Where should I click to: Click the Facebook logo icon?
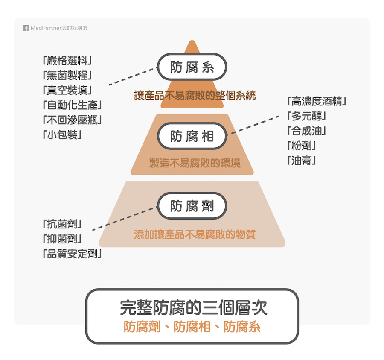coord(26,28)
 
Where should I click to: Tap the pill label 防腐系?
coord(192,67)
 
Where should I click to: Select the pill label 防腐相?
coord(192,136)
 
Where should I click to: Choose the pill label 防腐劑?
coord(192,205)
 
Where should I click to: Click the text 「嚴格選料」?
coord(67,61)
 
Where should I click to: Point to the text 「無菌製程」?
coord(67,75)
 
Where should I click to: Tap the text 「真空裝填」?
coord(67,90)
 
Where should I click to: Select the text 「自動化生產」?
coord(72,105)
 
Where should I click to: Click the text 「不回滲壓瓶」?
coord(72,120)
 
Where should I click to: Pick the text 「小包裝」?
coord(62,135)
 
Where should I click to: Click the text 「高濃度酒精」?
coord(317,101)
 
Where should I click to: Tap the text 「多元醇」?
coord(307,116)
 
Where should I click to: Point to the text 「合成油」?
coord(307,131)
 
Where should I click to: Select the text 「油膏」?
coord(302,161)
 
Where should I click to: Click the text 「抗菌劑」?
coord(62,224)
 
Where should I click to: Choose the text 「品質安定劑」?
coord(72,254)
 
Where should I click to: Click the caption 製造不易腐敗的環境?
coord(195,163)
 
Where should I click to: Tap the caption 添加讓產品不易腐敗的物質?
coord(195,234)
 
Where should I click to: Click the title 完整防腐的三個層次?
coord(193,307)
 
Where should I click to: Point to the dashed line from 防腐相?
coord(253,125)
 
